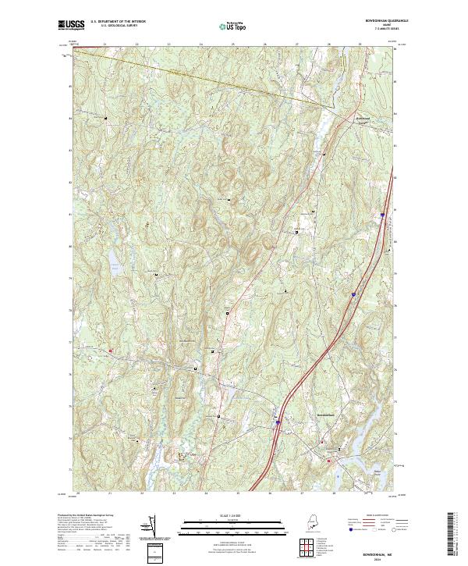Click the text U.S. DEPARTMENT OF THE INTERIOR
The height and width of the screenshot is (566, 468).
pyautogui.click(x=119, y=21)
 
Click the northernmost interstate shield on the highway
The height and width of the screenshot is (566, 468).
pyautogui.click(x=383, y=214)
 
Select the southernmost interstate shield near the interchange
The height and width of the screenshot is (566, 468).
pyautogui.click(x=278, y=422)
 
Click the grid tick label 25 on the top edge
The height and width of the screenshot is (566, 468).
pyautogui.click(x=233, y=44)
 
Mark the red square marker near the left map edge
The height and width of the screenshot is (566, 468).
pyautogui.click(x=110, y=351)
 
